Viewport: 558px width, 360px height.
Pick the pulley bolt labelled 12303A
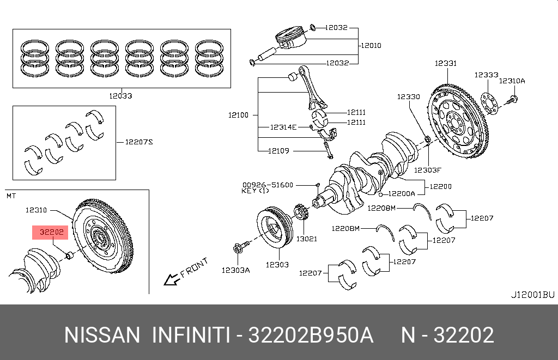coord(238,249)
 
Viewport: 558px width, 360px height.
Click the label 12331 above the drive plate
coord(445,64)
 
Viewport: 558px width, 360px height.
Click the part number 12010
coord(371,45)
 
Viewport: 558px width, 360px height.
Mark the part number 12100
coord(238,115)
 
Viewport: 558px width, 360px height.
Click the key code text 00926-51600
coord(268,185)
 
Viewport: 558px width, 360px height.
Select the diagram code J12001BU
coord(532,295)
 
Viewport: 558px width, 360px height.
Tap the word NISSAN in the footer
coord(102,334)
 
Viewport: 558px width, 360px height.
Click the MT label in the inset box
coord(11,195)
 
